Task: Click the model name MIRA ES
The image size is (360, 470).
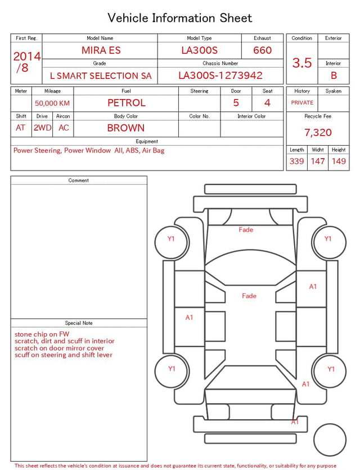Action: tap(101, 50)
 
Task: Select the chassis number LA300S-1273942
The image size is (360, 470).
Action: tap(220, 75)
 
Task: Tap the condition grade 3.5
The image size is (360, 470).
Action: tap(302, 63)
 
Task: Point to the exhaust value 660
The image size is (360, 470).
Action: tap(262, 50)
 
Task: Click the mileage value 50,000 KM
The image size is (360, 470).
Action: tap(52, 104)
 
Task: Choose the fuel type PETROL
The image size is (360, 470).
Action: tap(127, 103)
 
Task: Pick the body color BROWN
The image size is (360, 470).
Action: tap(126, 128)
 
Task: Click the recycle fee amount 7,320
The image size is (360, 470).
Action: tap(318, 132)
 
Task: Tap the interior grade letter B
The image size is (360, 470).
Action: tap(334, 75)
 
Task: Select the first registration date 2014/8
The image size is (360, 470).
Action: tap(26, 62)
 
